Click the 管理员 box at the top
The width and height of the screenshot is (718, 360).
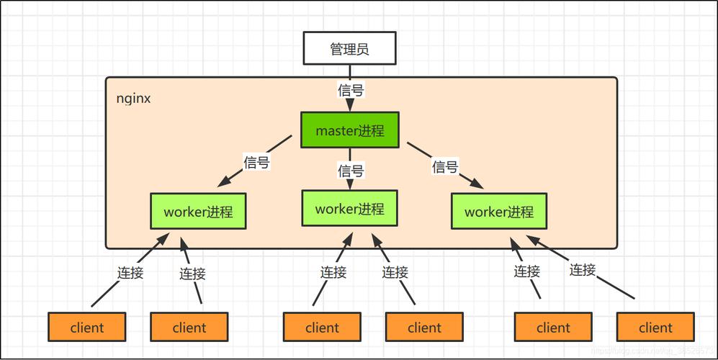tap(350, 50)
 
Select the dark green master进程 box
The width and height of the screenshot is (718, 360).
tap(350, 130)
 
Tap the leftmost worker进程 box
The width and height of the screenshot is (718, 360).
tap(198, 212)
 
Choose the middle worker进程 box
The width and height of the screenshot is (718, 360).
tap(349, 209)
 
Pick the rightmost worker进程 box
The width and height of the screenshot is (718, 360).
tap(499, 212)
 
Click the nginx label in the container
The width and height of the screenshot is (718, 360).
tap(133, 99)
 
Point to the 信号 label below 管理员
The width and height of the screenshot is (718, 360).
tap(351, 91)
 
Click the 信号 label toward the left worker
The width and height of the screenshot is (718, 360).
tap(256, 163)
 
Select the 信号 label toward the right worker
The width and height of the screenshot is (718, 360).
tap(445, 167)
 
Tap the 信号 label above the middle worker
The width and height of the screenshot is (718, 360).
tap(351, 171)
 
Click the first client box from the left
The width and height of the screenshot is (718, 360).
tap(87, 328)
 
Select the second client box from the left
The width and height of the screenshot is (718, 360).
tap(189, 328)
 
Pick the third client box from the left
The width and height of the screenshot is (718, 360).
tap(322, 328)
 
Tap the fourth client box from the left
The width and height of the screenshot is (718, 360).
tap(424, 328)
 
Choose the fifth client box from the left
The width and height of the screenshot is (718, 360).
tap(553, 328)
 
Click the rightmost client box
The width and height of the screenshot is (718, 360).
tap(655, 328)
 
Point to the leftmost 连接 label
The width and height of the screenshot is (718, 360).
tap(130, 273)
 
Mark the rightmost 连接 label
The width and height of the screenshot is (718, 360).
tap(583, 270)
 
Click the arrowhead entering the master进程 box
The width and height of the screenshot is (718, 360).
tap(350, 107)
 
